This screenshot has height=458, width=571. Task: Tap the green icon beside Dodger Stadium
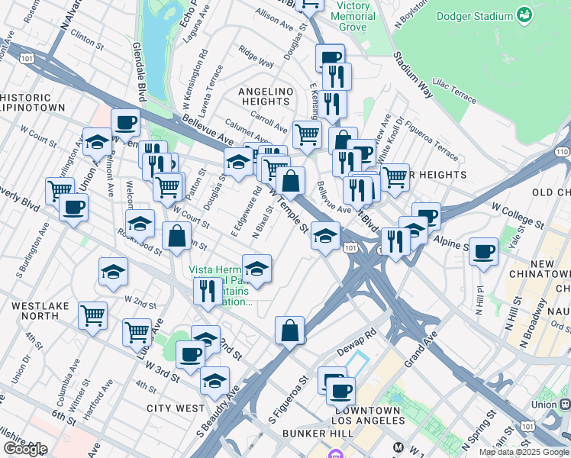[524, 15]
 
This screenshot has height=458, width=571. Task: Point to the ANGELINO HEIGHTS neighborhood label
[266, 98]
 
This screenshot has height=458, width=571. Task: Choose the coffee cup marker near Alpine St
[482, 251]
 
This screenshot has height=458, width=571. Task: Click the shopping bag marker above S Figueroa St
[289, 331]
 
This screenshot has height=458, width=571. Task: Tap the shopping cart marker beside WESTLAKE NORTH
[92, 314]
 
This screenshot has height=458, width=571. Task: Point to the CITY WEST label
[176, 408]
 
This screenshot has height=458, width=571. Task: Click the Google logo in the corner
[24, 449]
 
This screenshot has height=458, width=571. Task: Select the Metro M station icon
[397, 447]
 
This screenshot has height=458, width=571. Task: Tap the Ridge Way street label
[256, 58]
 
